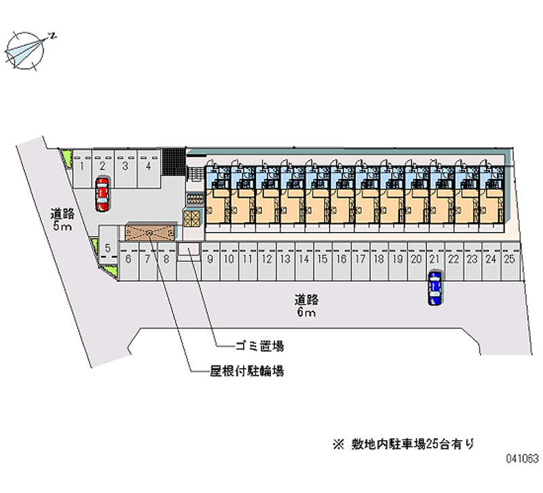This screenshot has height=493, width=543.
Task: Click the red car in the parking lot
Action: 102,194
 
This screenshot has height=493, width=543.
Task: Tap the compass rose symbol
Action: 25,51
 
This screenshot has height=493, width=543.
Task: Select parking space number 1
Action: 81,169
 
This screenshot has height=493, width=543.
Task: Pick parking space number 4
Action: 149,169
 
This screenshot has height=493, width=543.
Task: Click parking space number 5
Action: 108,243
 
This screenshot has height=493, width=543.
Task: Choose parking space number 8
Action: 167,262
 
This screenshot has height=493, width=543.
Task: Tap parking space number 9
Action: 210,262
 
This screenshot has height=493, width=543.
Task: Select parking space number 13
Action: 286,262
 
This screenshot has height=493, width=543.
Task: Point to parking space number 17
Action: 360,262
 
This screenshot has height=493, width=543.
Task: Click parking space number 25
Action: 510,262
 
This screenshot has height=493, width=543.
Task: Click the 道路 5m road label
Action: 62,220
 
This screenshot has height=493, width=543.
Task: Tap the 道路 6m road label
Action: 307,306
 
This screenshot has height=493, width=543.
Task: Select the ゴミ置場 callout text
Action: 260,346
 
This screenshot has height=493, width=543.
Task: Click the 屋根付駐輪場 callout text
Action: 247,371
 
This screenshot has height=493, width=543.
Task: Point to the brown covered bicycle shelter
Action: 150,233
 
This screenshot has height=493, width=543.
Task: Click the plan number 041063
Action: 523,458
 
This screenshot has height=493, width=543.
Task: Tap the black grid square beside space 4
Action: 174,162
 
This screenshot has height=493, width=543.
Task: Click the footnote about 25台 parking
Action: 403,444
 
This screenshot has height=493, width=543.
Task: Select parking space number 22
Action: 454,262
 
